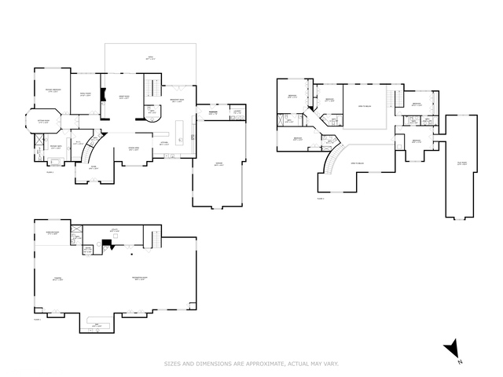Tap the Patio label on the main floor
[x=152, y=58]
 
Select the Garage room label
[x=218, y=165]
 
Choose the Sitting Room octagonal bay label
[x=45, y=122]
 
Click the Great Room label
[x=124, y=97]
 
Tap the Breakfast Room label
[x=178, y=101]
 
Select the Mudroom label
[x=212, y=112]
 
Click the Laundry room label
[x=237, y=112]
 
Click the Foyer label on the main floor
[x=93, y=167]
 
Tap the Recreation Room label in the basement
[x=141, y=280]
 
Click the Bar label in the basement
[x=97, y=324]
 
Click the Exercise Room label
[x=53, y=233]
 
